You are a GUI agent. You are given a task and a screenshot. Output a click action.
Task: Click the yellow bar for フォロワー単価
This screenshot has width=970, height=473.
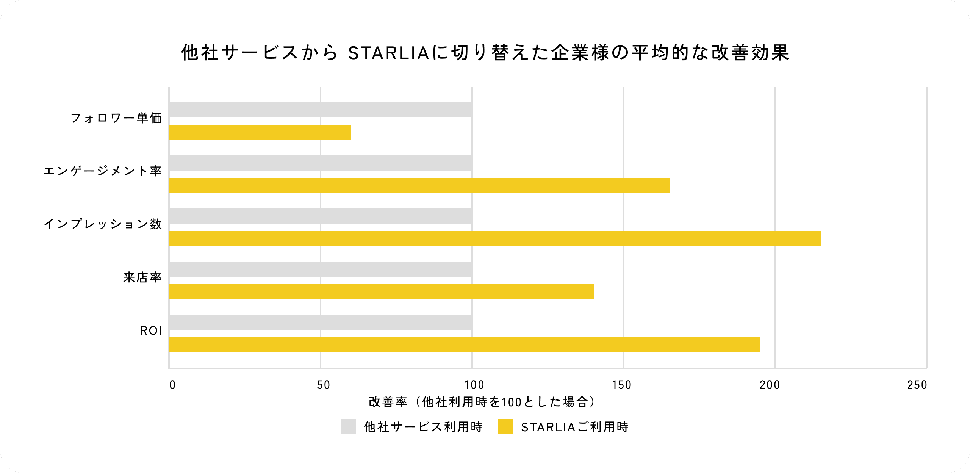[x=260, y=133]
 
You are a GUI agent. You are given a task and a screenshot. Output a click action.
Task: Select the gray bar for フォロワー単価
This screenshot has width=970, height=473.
[x=321, y=110]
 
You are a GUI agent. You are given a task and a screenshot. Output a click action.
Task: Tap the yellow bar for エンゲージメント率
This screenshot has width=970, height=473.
[x=419, y=186]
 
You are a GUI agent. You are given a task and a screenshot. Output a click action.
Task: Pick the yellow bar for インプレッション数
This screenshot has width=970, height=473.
[x=495, y=239]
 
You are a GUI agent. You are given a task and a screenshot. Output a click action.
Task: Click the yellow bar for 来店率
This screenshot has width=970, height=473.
[x=381, y=292]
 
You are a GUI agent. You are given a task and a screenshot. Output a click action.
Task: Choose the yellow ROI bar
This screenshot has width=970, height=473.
[x=465, y=345]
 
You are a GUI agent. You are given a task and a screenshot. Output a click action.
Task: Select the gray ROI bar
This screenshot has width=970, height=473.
[x=321, y=322]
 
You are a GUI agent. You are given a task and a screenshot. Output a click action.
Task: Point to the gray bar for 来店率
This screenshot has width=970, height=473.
[x=321, y=269]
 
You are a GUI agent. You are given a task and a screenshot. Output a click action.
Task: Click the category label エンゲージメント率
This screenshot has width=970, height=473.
[x=103, y=171]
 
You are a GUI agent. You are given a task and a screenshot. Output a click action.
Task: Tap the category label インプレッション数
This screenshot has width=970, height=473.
[x=103, y=224]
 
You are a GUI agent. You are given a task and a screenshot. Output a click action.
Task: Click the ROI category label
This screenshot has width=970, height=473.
[x=151, y=331]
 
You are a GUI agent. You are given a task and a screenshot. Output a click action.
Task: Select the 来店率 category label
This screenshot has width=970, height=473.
[x=142, y=277]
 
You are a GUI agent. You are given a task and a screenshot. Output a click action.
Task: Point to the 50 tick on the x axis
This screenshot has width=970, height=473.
[x=323, y=385]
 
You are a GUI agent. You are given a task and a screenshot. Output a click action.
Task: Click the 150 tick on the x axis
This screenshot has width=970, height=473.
[x=621, y=385]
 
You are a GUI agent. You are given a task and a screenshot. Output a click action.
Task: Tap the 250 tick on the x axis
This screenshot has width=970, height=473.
[x=917, y=385]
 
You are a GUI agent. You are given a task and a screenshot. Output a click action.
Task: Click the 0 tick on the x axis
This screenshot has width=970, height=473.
[x=172, y=385]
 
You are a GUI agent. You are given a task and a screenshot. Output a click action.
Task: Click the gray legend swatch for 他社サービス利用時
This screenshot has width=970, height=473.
[x=348, y=426]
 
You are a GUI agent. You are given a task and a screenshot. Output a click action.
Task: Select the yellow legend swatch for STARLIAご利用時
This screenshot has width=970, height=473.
[x=505, y=426]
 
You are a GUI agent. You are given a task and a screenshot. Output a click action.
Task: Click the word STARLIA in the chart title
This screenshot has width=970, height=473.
[x=388, y=53]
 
